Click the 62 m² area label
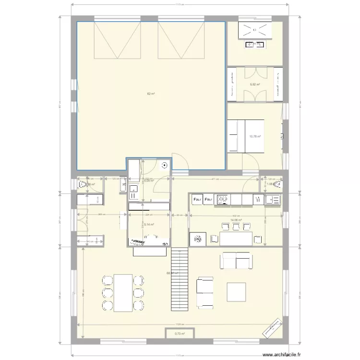[151, 94]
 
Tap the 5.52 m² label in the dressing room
[254, 85]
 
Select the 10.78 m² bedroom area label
[255, 136]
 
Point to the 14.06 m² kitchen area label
[236, 221]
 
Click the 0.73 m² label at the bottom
[179, 334]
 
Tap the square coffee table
[237, 291]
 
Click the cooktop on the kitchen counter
[223, 199]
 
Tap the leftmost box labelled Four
[197, 199]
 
